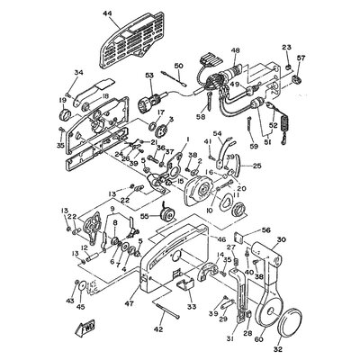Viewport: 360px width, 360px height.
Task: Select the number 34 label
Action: coord(78,74)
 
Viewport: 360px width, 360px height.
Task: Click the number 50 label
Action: coord(178,67)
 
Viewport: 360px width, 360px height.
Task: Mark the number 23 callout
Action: coord(287,47)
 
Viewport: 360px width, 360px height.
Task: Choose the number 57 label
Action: coord(301,58)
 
